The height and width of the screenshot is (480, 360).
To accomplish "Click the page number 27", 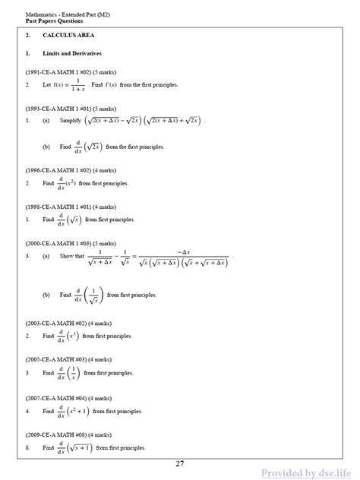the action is point(179,464).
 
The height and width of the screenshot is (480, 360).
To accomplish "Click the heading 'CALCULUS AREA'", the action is point(64,36).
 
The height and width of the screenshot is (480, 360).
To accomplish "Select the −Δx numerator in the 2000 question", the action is point(182,251).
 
